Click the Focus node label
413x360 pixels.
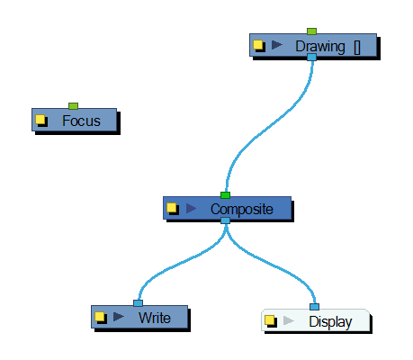pos(81,121)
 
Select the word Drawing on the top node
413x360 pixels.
pos(320,47)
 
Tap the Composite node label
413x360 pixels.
pos(242,210)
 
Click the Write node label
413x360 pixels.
pos(155,318)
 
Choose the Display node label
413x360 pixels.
pos(330,322)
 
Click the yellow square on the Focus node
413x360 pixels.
pos(40,120)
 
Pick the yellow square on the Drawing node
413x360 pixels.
pos(258,45)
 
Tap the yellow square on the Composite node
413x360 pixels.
pos(172,208)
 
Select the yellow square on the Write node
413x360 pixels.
pos(100,317)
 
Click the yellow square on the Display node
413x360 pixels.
pos(270,320)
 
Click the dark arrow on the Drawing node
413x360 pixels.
pos(277,45)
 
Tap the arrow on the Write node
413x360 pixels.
pos(119,317)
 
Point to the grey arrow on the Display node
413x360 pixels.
pos(289,320)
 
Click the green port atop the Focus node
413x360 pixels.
pos(74,106)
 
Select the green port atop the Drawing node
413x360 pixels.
pos(311,31)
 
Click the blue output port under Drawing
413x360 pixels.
pos(312,57)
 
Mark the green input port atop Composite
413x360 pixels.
pos(225,195)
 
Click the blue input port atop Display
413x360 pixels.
pos(314,307)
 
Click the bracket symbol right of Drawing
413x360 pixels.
pos(357,48)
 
